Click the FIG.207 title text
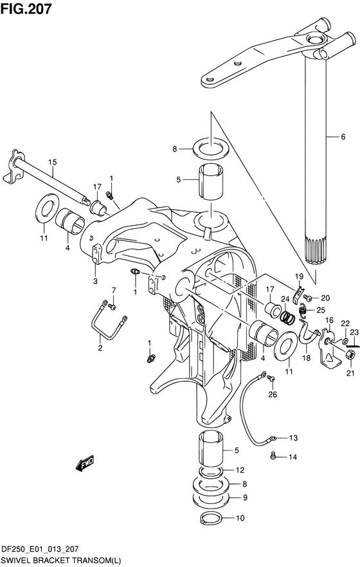[x=26, y=9]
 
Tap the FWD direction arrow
[x=85, y=463]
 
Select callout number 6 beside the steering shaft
[x=343, y=137]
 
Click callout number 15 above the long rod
[x=53, y=162]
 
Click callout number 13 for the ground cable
[x=293, y=438]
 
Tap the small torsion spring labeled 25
[x=302, y=310]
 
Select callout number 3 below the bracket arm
[x=95, y=281]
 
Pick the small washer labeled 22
[x=345, y=341]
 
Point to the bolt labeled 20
[x=307, y=298]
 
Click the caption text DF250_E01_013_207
[x=40, y=549]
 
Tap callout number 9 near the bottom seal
[x=245, y=498]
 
